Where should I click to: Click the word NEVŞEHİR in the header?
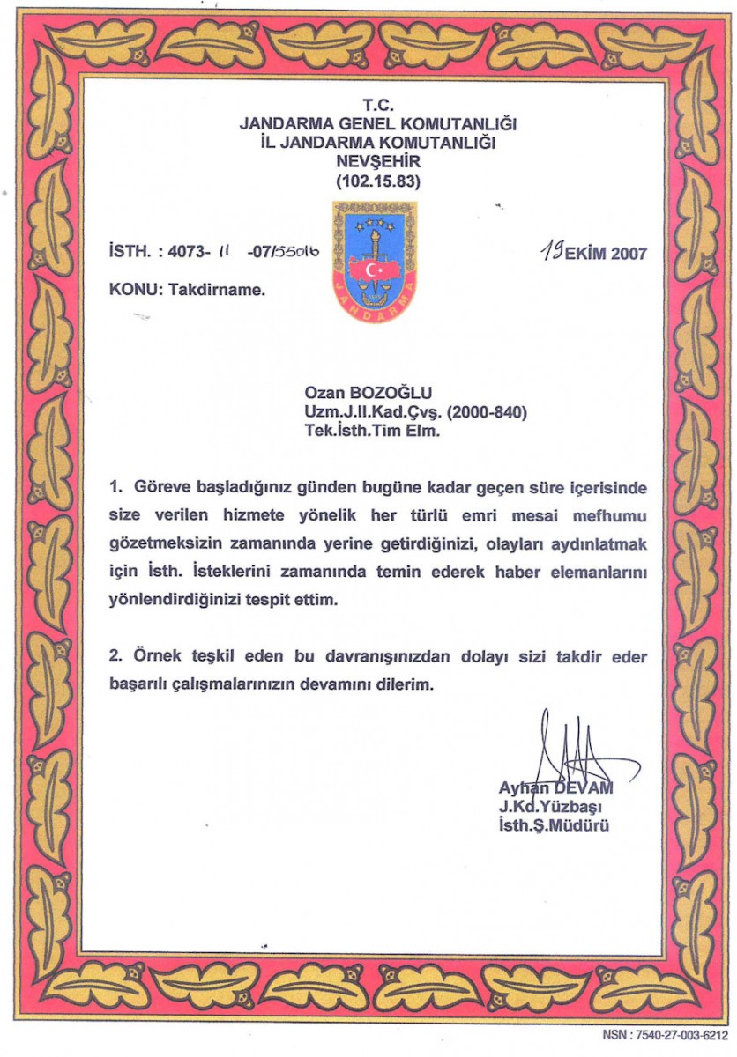tap(378, 163)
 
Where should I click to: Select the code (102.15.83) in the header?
tap(378, 182)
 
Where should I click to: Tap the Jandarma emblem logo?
tap(375, 262)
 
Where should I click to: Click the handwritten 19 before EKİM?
tap(554, 252)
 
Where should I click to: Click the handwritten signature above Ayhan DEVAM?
tap(564, 749)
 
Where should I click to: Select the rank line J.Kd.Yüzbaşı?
tap(550, 807)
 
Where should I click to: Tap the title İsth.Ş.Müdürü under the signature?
tap(554, 826)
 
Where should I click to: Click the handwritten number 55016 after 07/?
tap(296, 255)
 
